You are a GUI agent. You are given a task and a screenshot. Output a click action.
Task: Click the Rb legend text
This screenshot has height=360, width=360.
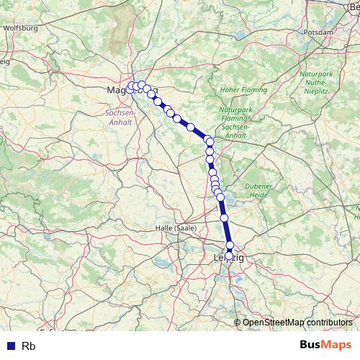(x=29, y=346)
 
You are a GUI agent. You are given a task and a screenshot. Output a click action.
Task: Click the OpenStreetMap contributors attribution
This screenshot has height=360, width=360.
(x=297, y=323)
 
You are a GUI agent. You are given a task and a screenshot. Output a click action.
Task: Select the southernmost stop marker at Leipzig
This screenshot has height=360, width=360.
(x=229, y=256)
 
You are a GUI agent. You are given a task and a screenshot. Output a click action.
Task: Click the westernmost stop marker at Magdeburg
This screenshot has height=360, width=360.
(x=131, y=87)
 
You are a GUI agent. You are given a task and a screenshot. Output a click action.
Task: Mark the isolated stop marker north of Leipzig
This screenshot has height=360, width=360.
(x=224, y=217)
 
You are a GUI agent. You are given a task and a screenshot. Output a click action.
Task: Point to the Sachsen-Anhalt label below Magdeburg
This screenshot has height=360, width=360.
(x=120, y=118)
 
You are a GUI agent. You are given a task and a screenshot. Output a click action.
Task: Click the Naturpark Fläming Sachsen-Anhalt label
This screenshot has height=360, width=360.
(x=236, y=122)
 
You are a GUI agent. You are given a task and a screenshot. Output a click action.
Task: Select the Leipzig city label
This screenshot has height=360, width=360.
(x=229, y=258)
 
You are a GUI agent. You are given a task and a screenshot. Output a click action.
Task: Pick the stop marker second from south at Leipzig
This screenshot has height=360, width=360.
(x=230, y=246)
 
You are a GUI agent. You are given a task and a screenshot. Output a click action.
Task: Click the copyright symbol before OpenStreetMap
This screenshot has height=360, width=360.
(x=238, y=323)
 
